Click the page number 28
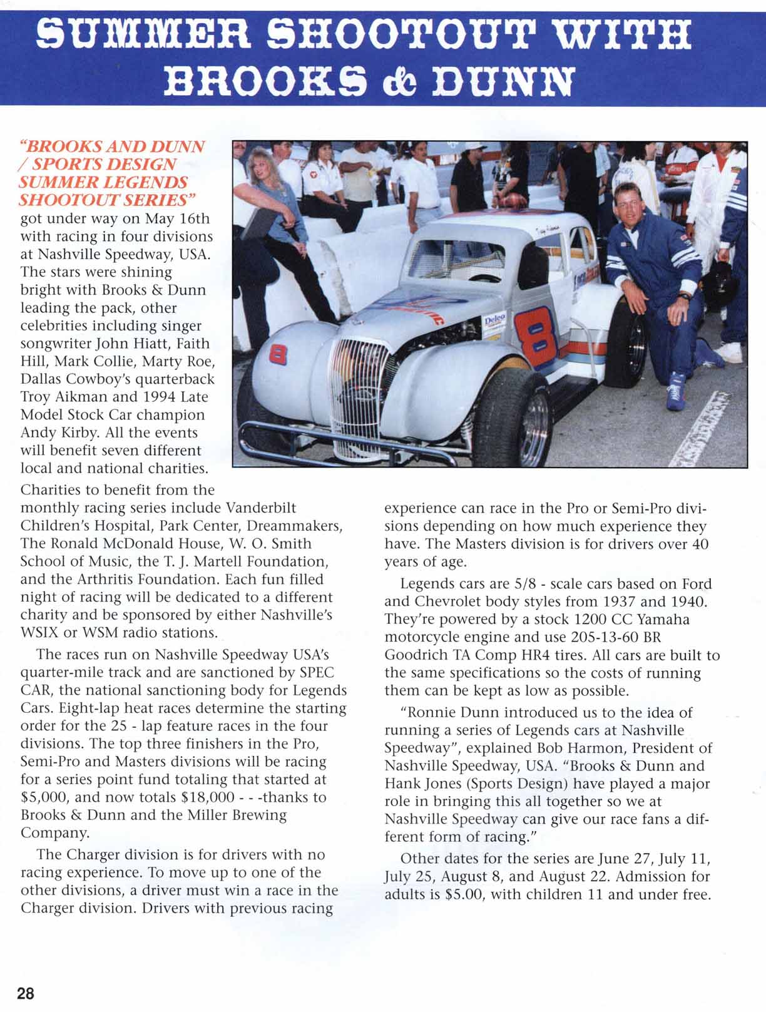pos(26,994)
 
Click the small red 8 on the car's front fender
pos(277,355)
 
